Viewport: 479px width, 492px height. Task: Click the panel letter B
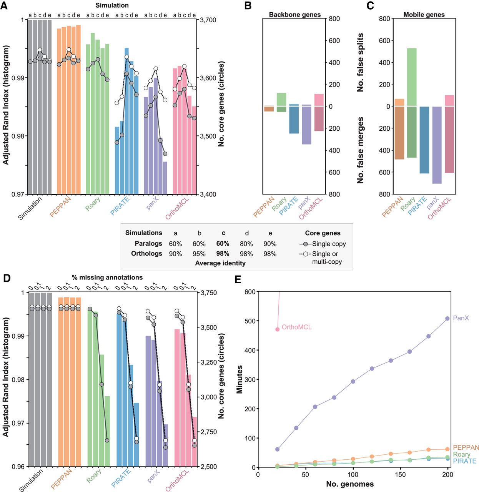coord(248,5)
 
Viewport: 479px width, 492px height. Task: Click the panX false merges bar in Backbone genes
coord(306,125)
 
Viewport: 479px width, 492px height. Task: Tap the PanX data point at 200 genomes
coord(447,319)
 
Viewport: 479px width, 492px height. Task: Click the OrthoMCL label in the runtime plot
coord(296,327)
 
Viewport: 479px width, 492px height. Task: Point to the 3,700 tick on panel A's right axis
coord(208,20)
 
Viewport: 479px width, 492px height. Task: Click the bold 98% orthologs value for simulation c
coord(223,254)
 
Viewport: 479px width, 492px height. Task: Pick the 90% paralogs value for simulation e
coord(270,244)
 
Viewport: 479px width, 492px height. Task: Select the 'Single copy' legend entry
coord(329,244)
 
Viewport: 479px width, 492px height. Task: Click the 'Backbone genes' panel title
coord(294,15)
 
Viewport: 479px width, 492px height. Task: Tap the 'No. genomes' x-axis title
coord(350,484)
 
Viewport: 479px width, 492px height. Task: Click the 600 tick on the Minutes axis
coord(250,292)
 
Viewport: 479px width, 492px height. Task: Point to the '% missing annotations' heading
coord(107,278)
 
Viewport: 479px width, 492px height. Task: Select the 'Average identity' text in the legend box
coord(220,263)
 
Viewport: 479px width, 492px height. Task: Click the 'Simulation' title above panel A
coord(112,5)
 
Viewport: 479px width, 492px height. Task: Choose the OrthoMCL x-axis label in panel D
coord(177,480)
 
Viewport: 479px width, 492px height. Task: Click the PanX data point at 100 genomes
coord(353,382)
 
